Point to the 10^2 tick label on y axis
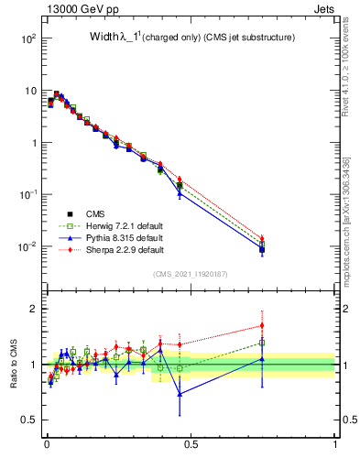tap(28, 38)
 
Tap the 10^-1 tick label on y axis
tap(27, 195)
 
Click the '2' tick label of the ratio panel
tap(33, 309)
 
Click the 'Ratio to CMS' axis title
tap(14, 365)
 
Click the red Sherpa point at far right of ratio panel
tap(262, 325)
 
